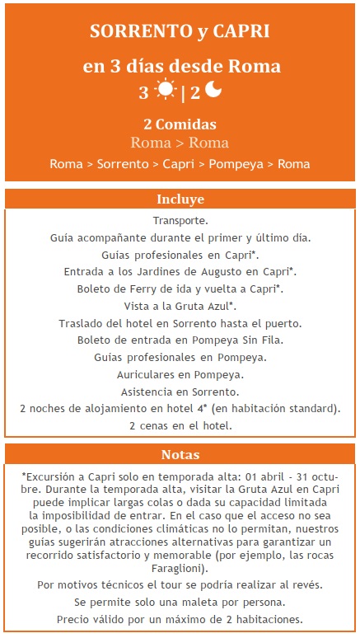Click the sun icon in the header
coord(166,91)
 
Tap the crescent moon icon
coord(214,91)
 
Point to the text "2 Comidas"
coord(180,124)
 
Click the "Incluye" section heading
coord(180,199)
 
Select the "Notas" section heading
coord(180,454)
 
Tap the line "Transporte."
coord(180,221)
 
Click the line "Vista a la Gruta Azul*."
coord(180,305)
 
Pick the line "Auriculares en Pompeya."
coord(180,374)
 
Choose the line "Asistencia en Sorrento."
coord(180,392)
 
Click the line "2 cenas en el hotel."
coord(180,425)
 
